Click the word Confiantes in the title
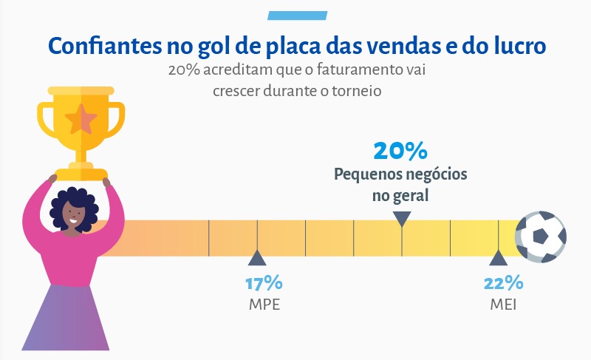coord(105,46)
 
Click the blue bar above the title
coord(298,16)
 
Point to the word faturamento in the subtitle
coord(360,70)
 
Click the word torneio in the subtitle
coord(357,91)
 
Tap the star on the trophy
coord(81,119)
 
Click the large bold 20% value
coord(400,151)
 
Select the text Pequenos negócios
coord(400,174)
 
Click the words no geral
coord(400,196)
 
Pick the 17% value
coord(264,283)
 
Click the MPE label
coord(264,305)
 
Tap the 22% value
coord(503,283)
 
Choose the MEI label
coord(503,305)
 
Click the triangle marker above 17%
coord(257,258)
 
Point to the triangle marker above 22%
coord(498,258)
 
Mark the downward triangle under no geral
coord(402,219)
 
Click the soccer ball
coord(541,237)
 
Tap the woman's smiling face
coord(72,216)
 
